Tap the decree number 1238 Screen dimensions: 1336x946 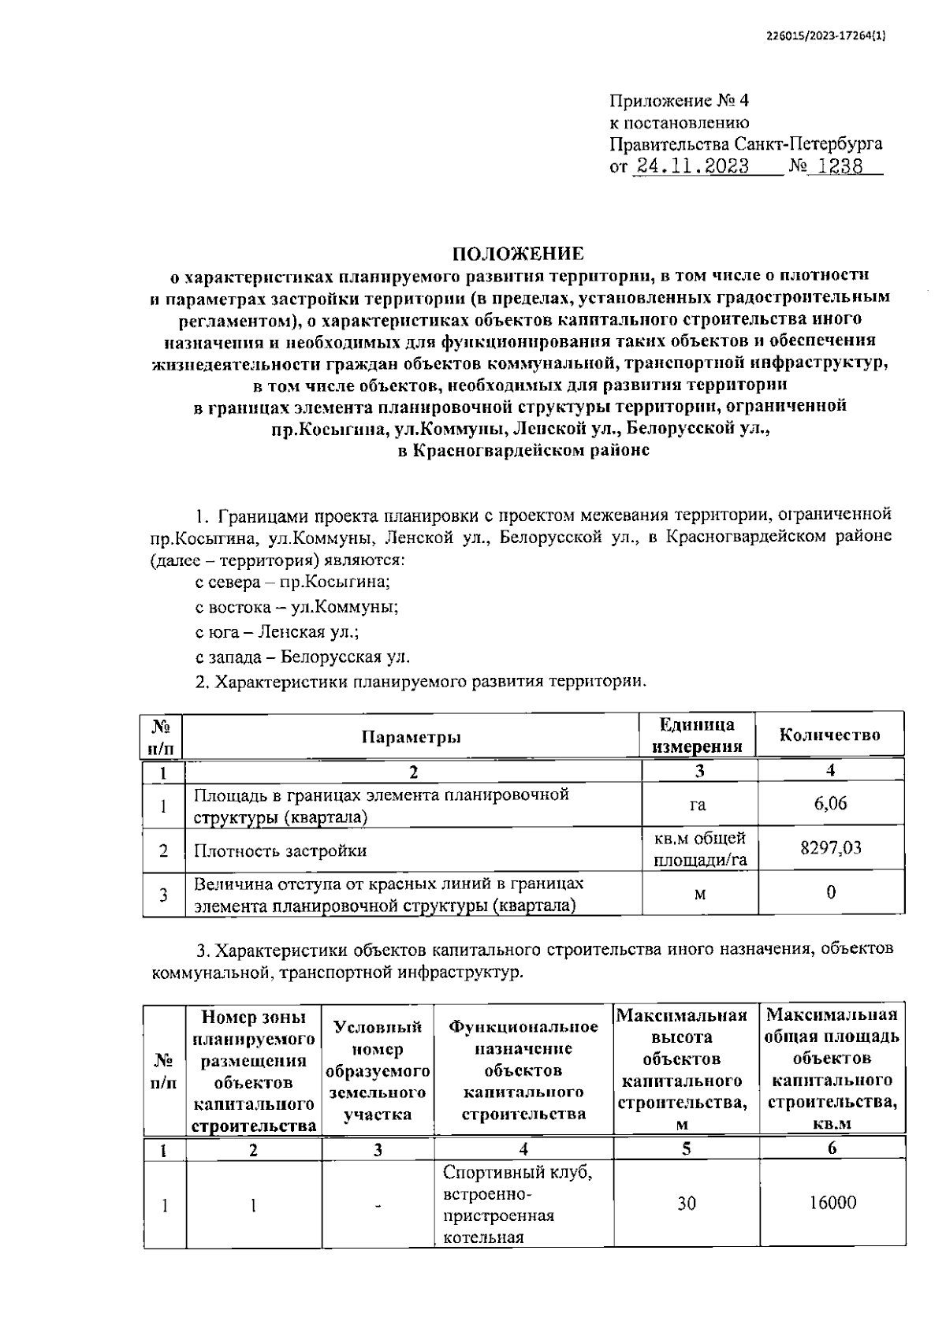840,166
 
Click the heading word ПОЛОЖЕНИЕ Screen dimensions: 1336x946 518,254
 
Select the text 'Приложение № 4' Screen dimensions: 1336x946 678,102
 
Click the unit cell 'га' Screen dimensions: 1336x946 697,804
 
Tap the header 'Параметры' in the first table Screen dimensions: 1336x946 412,736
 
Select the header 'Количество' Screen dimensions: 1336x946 829,735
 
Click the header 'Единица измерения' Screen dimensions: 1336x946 697,735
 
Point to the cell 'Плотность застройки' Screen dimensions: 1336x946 281,850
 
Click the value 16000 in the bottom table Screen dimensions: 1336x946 832,1203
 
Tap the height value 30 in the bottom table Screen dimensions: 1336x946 686,1204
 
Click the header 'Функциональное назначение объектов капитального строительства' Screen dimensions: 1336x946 523,1070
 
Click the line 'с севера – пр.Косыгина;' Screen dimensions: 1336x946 292,582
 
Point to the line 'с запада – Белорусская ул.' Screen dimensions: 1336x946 302,656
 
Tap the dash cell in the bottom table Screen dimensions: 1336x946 378,1205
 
